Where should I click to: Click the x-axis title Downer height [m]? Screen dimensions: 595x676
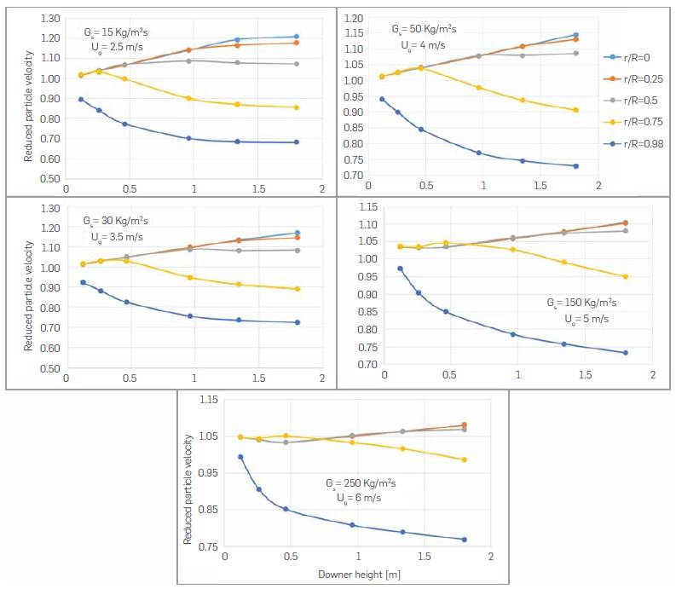click(x=359, y=575)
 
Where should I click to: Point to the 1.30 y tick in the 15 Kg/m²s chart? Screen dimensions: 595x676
click(x=49, y=18)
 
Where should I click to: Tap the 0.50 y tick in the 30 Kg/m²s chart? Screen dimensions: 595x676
click(x=49, y=369)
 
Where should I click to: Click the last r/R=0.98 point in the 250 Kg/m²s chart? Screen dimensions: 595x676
click(x=465, y=540)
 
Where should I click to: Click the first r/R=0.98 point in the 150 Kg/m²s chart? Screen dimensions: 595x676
click(x=401, y=269)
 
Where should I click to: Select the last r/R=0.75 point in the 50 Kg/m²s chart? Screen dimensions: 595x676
click(x=576, y=110)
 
